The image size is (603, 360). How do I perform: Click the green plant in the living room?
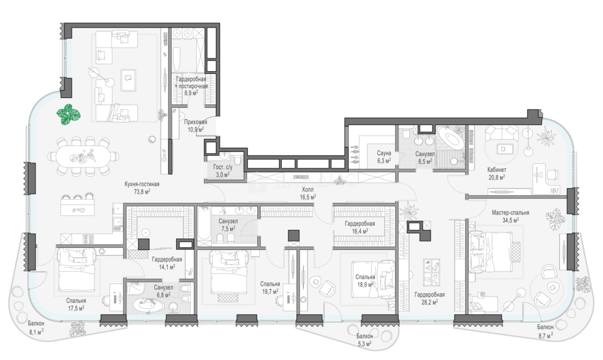(x=68, y=114)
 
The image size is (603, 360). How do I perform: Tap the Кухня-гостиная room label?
(x=142, y=184)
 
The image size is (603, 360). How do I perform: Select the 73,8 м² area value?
(x=142, y=192)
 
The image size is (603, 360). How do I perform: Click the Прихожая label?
(x=196, y=122)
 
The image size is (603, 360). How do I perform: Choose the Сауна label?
(x=384, y=153)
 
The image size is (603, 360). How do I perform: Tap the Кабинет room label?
(x=497, y=170)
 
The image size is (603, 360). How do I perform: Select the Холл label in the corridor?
(x=308, y=190)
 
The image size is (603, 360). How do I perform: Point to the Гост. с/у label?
(x=223, y=167)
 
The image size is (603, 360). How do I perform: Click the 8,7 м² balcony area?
(x=546, y=335)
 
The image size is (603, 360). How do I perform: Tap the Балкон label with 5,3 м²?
(x=364, y=336)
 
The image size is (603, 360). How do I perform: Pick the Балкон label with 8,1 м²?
(x=36, y=323)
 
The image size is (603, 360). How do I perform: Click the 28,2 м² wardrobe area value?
(x=429, y=302)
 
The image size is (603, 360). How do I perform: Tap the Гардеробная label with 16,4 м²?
(x=360, y=223)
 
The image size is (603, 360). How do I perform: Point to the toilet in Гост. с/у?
(x=237, y=160)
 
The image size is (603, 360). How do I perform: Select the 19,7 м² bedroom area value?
(x=270, y=291)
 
